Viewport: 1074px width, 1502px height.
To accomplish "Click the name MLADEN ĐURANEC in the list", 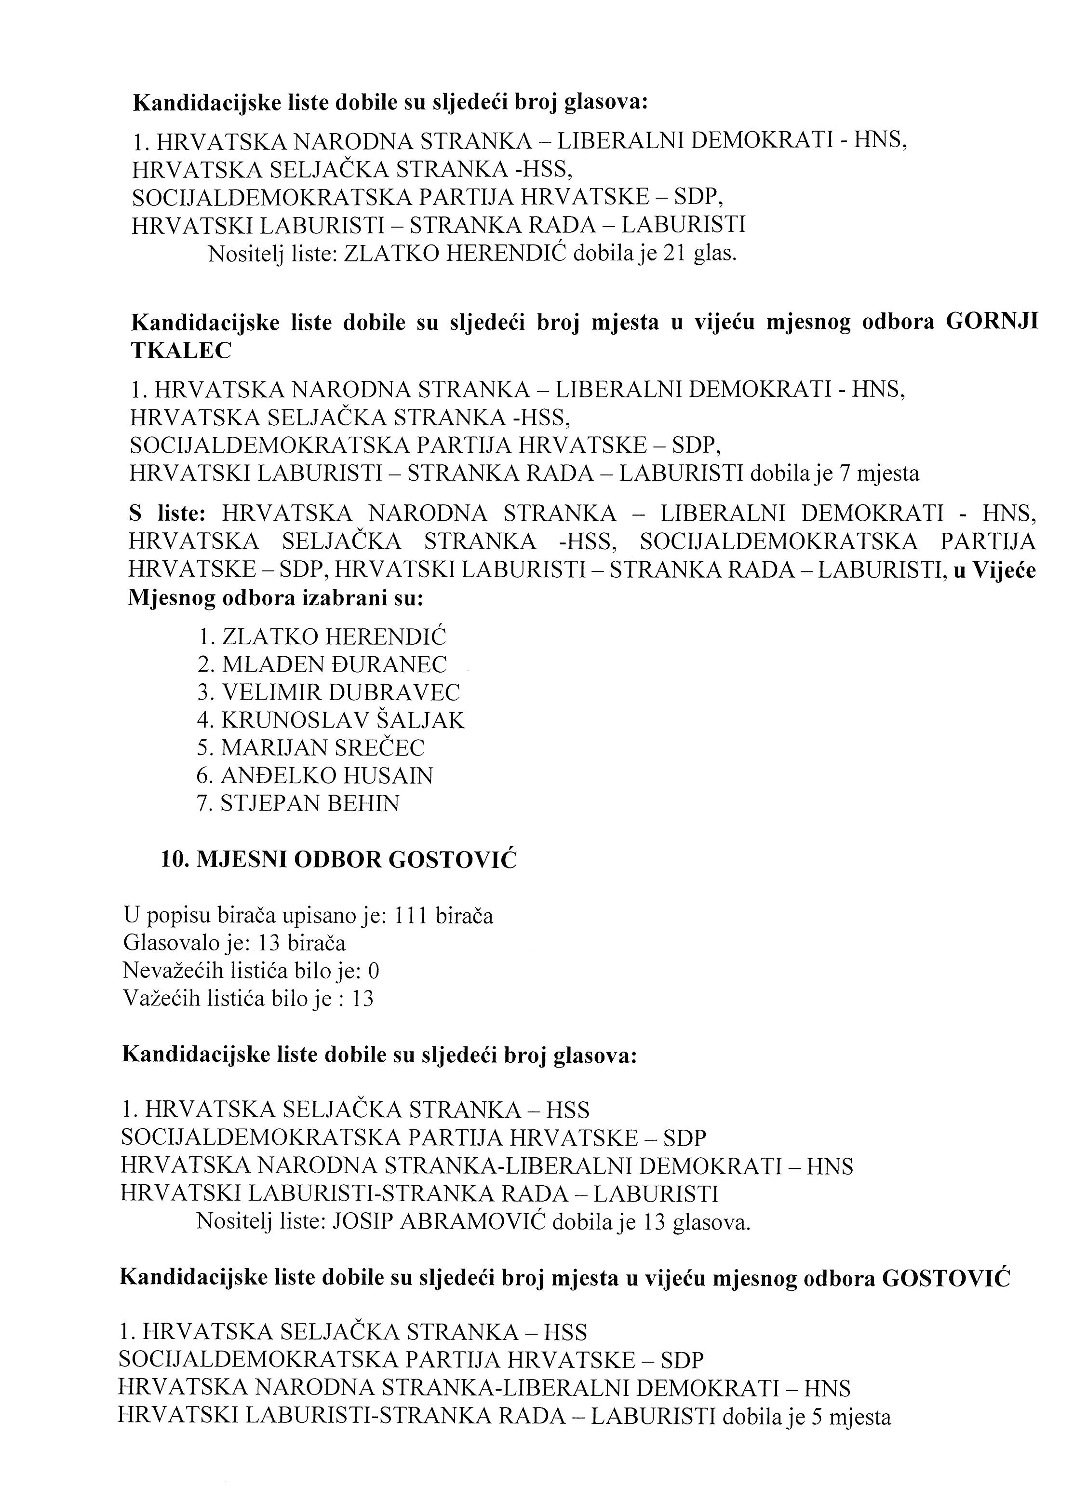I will (x=335, y=664).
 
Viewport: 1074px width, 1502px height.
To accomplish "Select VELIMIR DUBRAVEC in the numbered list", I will (x=341, y=692).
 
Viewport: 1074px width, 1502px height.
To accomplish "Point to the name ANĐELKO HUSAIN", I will (x=327, y=775).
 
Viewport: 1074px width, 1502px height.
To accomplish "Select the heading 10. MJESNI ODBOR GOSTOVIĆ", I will (x=338, y=859).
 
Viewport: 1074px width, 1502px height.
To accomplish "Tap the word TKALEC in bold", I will (x=181, y=351).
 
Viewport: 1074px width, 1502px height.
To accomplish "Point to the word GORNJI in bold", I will (x=992, y=323).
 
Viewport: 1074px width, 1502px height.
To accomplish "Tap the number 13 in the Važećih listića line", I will (x=362, y=999).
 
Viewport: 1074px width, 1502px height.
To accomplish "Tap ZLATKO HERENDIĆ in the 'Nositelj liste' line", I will (x=455, y=254).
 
